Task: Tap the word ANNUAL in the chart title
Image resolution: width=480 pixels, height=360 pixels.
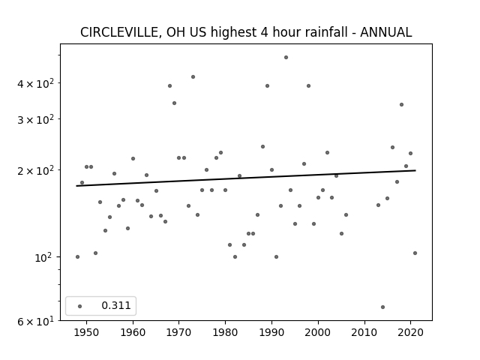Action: point(385,32)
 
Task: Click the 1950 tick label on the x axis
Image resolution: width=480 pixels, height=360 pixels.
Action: point(86,332)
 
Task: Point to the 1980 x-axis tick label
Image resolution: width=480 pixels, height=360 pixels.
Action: point(225,332)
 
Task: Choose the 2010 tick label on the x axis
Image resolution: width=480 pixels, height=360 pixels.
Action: point(364,332)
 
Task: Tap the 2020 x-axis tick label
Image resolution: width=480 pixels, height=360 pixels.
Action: point(410,332)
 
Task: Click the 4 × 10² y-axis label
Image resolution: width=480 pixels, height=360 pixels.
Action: point(35,83)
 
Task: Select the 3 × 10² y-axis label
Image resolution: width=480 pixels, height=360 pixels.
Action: point(35,119)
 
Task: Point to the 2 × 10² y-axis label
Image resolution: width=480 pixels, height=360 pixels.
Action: point(35,170)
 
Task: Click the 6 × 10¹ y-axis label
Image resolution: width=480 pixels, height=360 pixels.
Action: point(35,321)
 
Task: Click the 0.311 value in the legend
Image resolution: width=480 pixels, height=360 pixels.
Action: point(116,305)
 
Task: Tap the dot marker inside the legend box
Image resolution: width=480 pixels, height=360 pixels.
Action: point(80,306)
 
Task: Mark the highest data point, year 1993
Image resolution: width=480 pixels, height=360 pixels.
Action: point(286,57)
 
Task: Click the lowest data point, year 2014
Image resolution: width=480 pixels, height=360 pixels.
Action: point(382,307)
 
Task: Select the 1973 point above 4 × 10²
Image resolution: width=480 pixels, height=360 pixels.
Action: point(193,76)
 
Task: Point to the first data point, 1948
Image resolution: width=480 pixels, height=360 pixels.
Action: point(77,256)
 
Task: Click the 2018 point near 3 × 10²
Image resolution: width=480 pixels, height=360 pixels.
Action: point(402,105)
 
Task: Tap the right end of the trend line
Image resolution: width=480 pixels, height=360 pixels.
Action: point(415,170)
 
